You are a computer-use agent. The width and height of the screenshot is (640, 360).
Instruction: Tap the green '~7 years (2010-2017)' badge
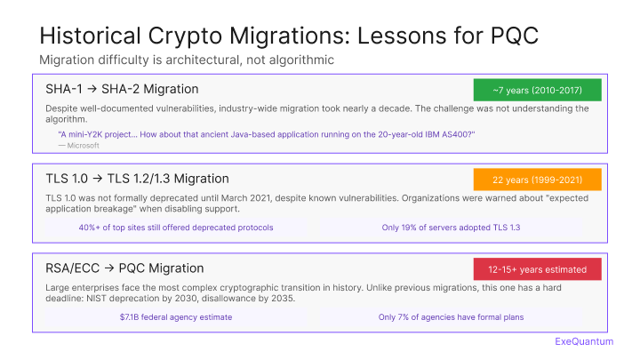point(537,90)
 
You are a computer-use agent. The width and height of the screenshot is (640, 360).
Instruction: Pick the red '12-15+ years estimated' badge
point(537,269)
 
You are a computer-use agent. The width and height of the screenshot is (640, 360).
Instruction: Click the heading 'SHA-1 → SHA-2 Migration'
point(122,89)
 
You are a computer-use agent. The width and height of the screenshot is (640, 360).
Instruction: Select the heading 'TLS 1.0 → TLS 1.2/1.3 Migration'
point(137,179)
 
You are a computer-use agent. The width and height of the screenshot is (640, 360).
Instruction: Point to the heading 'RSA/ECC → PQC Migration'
point(124,268)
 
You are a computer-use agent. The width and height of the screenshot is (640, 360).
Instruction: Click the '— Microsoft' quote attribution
point(78,145)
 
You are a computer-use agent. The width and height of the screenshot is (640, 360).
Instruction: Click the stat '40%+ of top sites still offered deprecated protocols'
point(176,228)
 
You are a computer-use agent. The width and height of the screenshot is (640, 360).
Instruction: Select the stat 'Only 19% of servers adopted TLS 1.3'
point(451,228)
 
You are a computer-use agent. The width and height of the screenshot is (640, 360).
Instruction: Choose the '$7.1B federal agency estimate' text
point(176,316)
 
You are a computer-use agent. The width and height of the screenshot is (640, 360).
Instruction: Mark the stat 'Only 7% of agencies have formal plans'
point(451,316)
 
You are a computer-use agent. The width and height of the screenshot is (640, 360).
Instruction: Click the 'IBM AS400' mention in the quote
point(449,134)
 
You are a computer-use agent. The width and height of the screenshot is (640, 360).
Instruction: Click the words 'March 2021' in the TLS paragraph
point(272,197)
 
